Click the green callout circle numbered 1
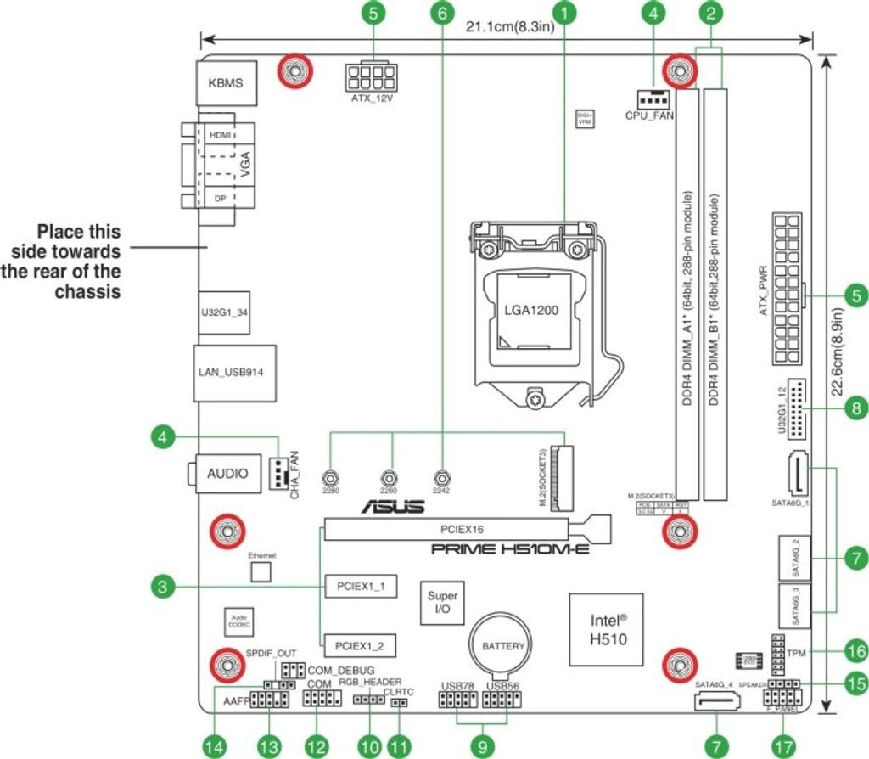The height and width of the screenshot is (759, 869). pos(566,14)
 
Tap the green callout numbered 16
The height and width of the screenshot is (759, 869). pos(856,653)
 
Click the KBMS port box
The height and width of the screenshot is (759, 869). pos(226,83)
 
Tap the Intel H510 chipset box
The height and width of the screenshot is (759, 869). pos(609,629)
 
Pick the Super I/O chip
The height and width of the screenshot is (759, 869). pos(442,603)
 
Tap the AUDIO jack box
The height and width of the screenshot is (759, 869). pos(228,473)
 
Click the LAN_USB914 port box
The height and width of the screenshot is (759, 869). pos(236,372)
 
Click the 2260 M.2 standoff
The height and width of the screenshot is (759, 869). pos(389,479)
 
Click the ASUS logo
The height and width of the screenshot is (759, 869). pos(393,507)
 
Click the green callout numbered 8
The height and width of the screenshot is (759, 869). pos(856,409)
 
